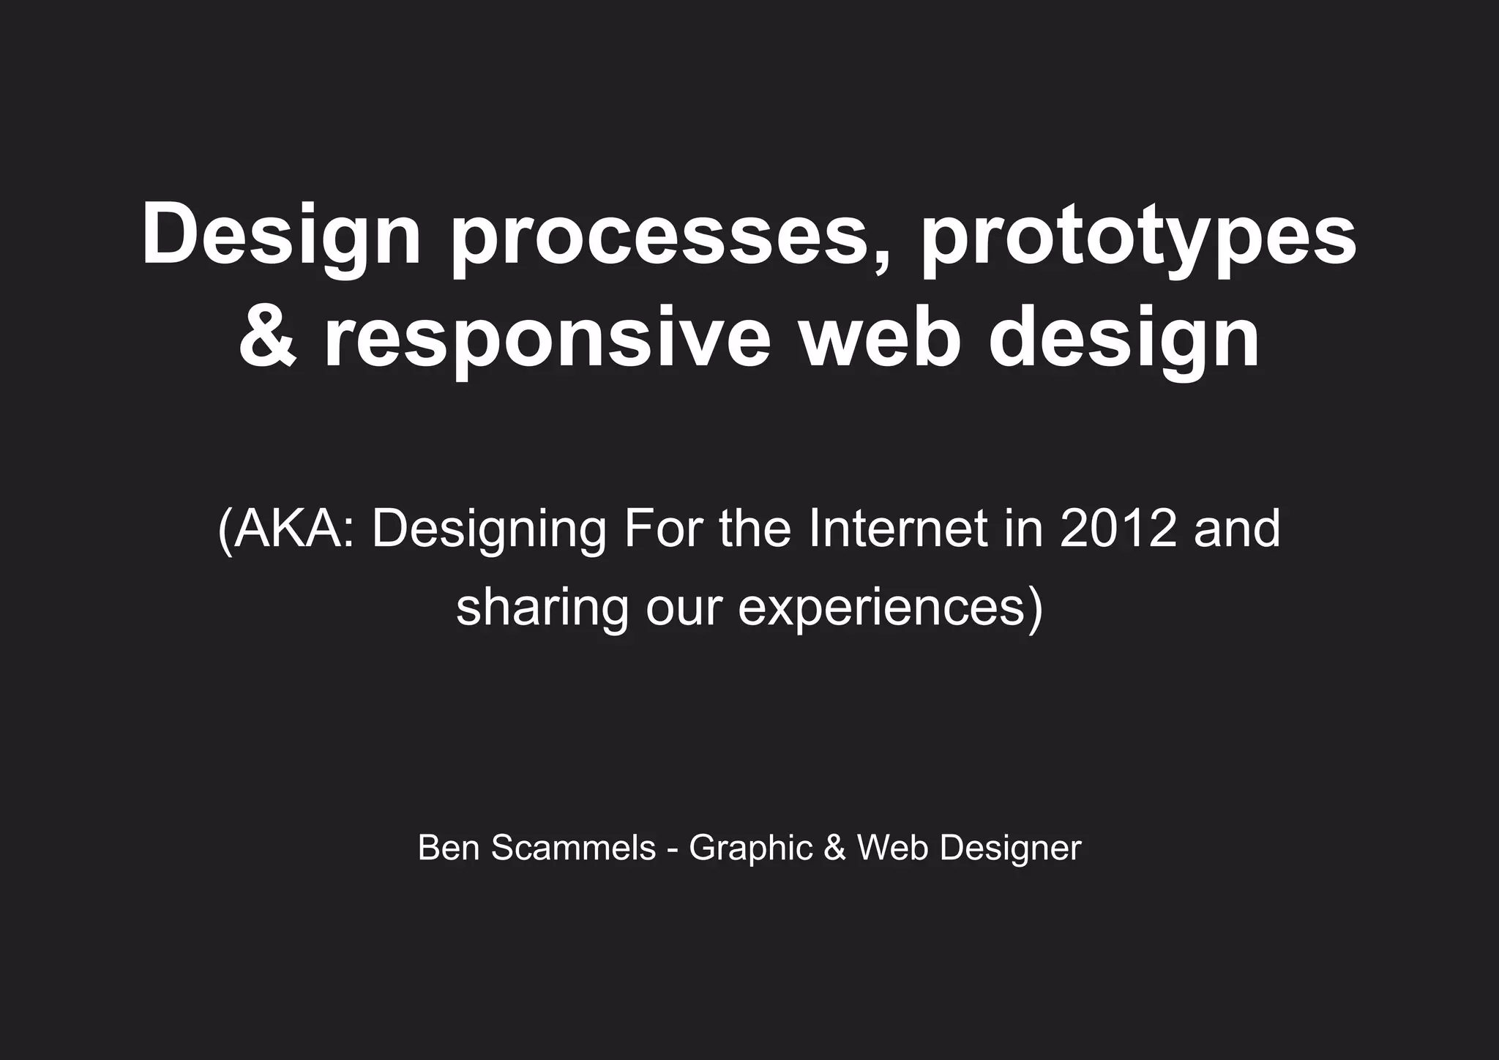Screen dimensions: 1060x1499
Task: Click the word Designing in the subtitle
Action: tap(490, 529)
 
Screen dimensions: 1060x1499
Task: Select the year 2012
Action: tap(1118, 529)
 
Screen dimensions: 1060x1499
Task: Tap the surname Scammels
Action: tap(573, 848)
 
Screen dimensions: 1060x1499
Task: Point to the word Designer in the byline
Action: tap(1010, 848)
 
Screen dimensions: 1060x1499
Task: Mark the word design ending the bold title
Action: tap(1124, 339)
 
